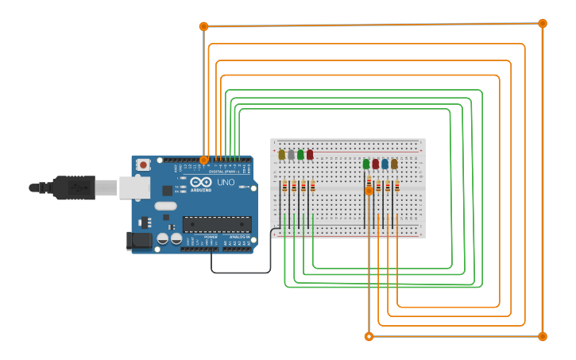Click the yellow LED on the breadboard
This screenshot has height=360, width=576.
tap(281, 154)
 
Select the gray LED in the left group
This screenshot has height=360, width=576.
tap(291, 154)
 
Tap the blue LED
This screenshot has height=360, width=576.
tap(385, 164)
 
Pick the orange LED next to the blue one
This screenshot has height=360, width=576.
tap(394, 164)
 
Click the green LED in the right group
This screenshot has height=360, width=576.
tap(366, 164)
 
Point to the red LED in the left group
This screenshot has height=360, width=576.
tap(310, 154)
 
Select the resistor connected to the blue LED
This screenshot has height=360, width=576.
tap(388, 187)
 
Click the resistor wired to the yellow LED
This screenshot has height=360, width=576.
tap(285, 187)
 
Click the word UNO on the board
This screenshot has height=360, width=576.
tap(226, 182)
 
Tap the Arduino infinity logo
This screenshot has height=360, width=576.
tap(195, 182)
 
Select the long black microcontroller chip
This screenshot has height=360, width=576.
tap(217, 224)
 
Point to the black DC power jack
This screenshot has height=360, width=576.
tap(140, 241)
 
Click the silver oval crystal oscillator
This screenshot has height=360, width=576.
tap(165, 206)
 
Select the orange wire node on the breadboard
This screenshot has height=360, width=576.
tap(369, 191)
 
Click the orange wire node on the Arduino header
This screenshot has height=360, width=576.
tap(204, 160)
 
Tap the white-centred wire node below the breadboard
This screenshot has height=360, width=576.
tap(369, 336)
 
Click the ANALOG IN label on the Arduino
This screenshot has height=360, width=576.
tap(239, 237)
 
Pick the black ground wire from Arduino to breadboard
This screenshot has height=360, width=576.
tap(238, 273)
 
